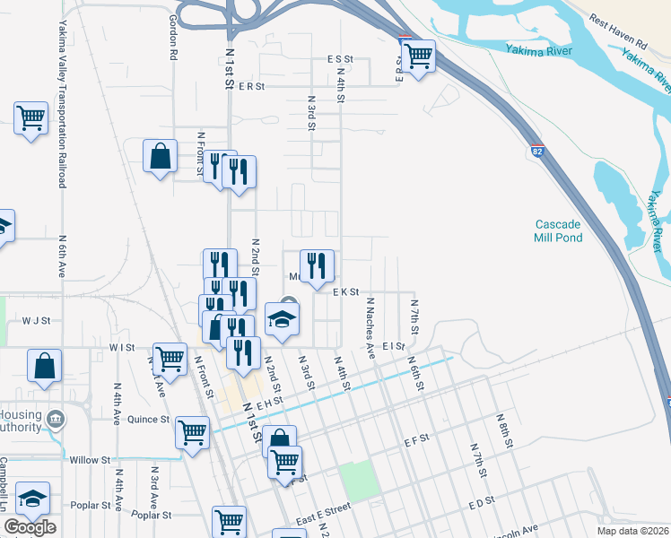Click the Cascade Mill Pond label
[x=559, y=230]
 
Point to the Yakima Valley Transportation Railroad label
[x=63, y=104]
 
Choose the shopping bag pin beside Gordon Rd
[x=160, y=156]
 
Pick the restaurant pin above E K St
[x=317, y=265]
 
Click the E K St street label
[x=345, y=292]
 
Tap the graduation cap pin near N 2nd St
[x=282, y=320]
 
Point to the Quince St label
[x=148, y=420]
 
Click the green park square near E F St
[x=359, y=481]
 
